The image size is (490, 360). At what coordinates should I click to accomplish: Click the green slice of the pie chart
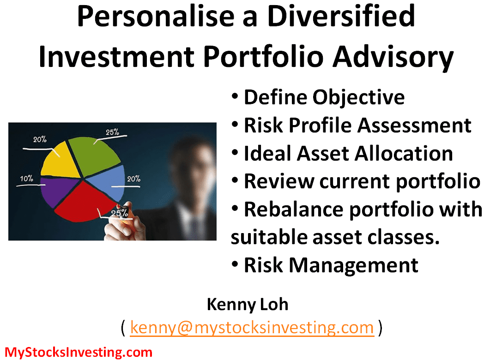(92, 156)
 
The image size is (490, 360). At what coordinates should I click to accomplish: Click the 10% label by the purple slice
(27, 178)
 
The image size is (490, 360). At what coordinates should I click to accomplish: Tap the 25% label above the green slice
(112, 132)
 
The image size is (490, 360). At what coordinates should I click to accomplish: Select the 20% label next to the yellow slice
(40, 139)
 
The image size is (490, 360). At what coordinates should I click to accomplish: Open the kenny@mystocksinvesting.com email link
(252, 328)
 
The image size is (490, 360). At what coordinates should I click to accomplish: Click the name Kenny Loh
(248, 304)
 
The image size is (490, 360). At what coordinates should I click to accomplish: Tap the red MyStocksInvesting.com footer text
(79, 352)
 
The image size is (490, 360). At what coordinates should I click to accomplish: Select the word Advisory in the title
(393, 57)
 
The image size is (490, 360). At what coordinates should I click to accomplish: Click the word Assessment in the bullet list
(414, 125)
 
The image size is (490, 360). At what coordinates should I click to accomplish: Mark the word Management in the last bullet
(353, 265)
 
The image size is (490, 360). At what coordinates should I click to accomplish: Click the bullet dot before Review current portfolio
(235, 180)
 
